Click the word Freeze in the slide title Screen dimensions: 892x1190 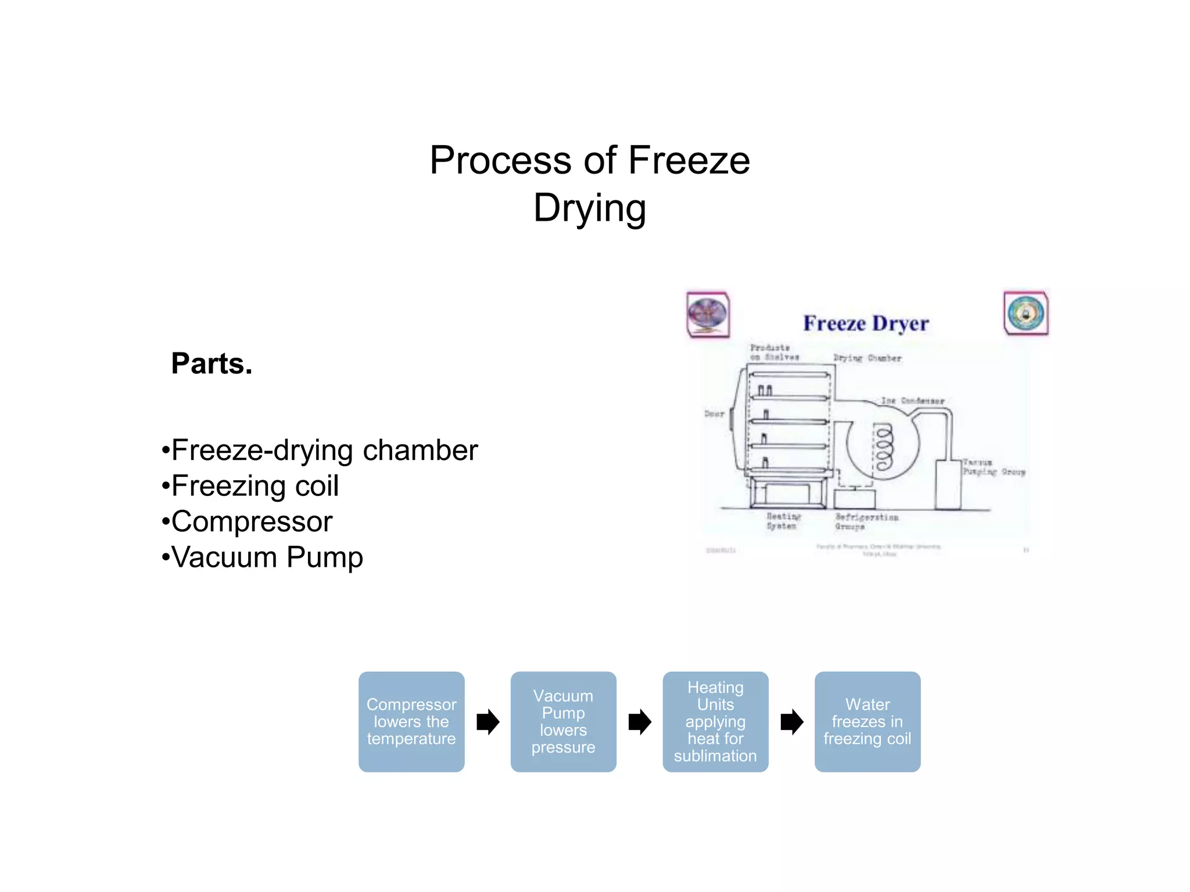click(x=689, y=160)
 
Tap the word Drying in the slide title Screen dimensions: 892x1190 click(x=589, y=208)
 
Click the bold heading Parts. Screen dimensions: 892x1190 click(x=212, y=364)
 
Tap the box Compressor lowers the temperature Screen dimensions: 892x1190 click(x=411, y=721)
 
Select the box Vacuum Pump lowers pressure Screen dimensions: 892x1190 click(x=563, y=721)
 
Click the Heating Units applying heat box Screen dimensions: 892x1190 click(x=715, y=721)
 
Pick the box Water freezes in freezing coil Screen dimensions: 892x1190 click(x=867, y=721)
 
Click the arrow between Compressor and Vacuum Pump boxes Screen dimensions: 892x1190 click(x=488, y=722)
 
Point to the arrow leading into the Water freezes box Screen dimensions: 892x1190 click(x=791, y=722)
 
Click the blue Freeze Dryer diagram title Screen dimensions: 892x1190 click(x=866, y=323)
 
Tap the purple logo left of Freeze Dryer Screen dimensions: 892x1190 click(x=708, y=314)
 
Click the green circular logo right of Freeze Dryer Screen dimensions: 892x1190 click(x=1026, y=313)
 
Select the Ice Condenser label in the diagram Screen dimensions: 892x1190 click(x=912, y=401)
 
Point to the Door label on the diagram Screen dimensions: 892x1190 click(x=714, y=414)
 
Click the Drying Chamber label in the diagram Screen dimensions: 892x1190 click(x=867, y=358)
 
